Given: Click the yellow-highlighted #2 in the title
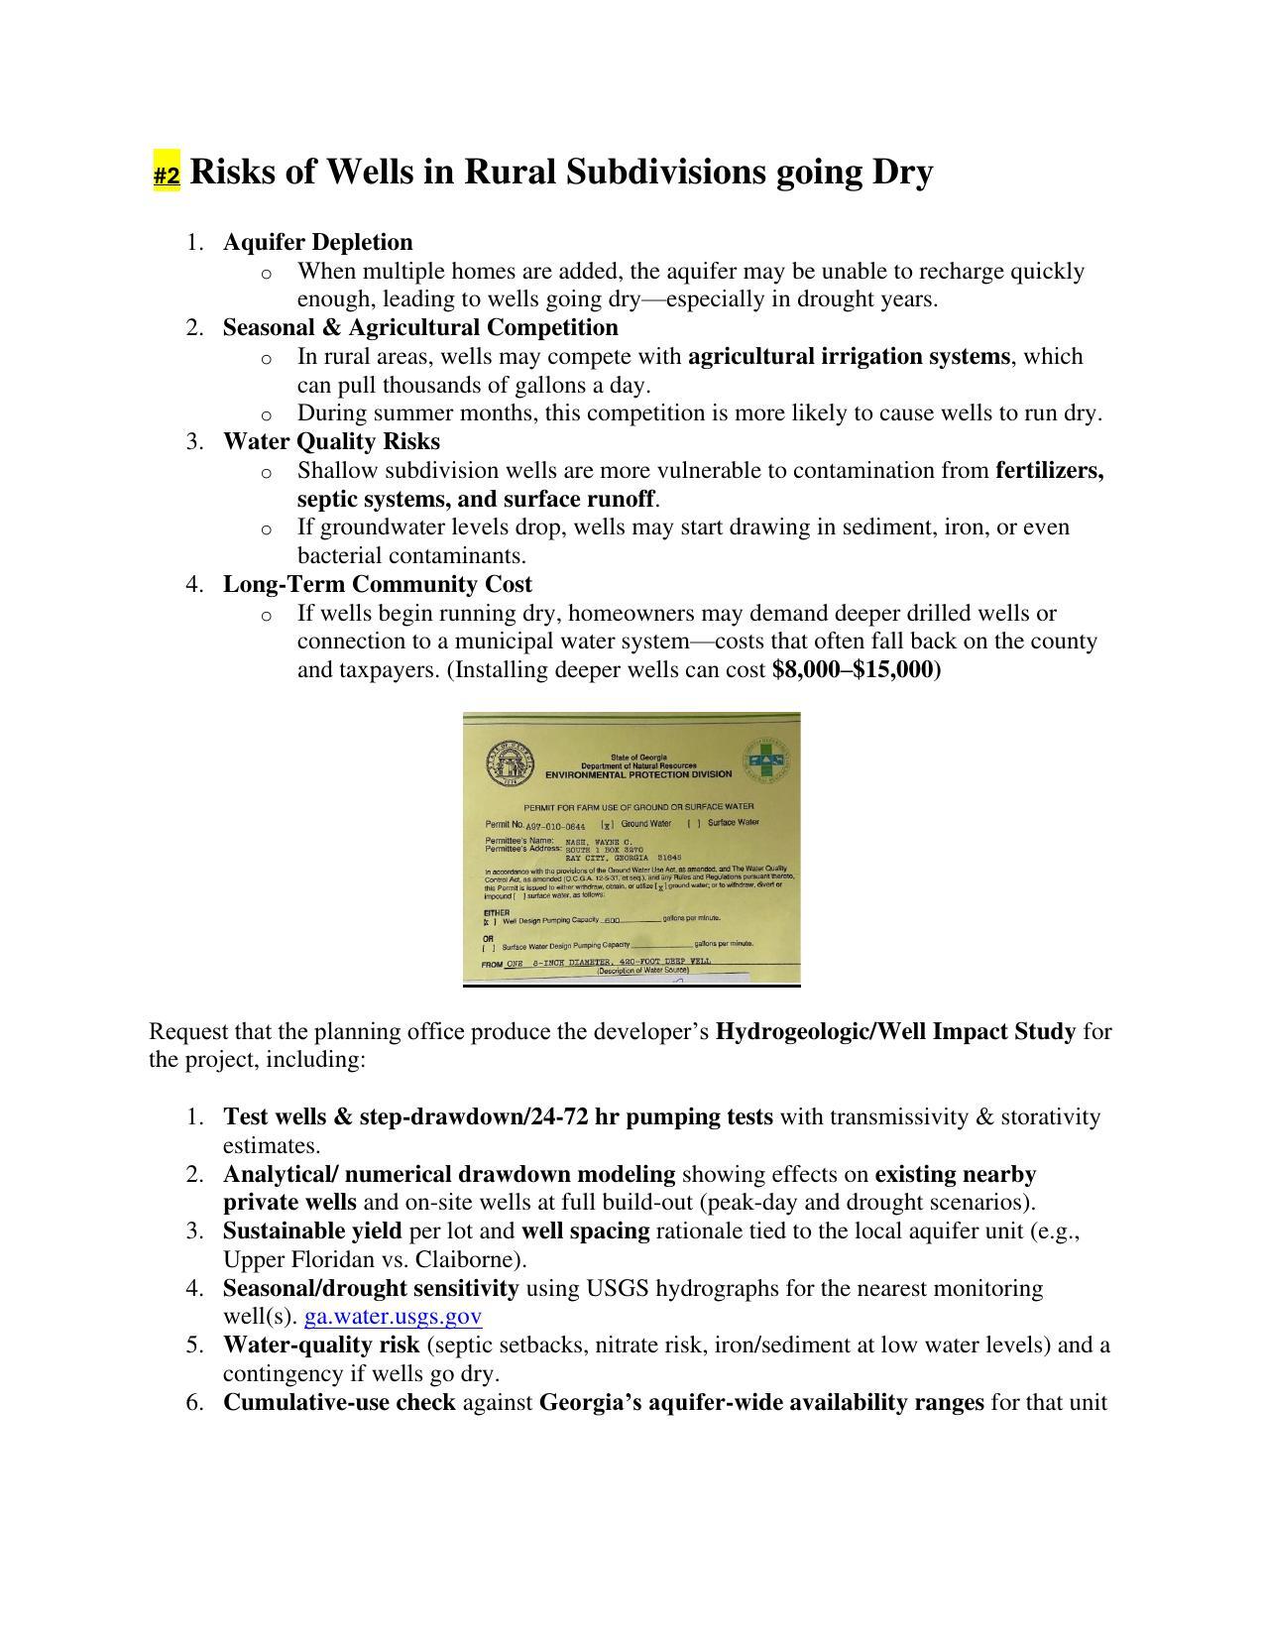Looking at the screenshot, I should (x=167, y=175).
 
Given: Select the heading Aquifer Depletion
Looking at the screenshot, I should (x=317, y=242).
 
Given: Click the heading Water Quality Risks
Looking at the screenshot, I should (x=331, y=441).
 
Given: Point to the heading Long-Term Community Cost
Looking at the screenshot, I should (x=377, y=584).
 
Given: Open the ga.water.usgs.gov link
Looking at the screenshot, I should (x=393, y=1317).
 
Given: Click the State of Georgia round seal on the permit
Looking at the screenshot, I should (x=511, y=764).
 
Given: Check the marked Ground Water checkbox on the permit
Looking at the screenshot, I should (x=608, y=824).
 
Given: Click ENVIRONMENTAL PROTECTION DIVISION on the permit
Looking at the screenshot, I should (x=638, y=774).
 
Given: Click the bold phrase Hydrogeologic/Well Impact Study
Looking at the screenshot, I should (x=895, y=1031).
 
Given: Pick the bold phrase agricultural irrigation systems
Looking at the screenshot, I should (x=849, y=356).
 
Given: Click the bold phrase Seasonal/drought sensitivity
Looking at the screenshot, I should (x=371, y=1288).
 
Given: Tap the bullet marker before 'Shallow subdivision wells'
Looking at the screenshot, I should (x=266, y=473).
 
